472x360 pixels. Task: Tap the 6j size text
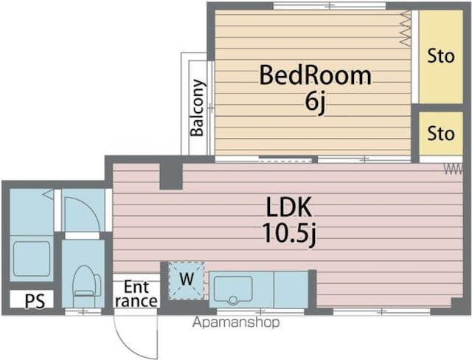point(315,102)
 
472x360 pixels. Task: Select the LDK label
point(289,207)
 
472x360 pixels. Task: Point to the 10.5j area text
point(289,233)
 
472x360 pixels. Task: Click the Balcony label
point(198,108)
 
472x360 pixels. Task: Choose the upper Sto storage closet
point(441,57)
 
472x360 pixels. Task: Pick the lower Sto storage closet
point(441,134)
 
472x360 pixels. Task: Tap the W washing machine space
point(187,281)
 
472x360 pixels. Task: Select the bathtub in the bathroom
point(31,259)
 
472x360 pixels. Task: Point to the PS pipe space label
point(35,300)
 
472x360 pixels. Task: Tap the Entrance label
point(136,294)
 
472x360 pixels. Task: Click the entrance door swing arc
point(124,342)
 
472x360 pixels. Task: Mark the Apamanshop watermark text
point(236,322)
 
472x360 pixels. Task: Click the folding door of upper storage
point(406,28)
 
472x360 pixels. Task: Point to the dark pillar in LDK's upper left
point(171,176)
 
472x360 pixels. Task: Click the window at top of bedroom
point(330,5)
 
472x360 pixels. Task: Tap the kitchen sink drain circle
point(233,300)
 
